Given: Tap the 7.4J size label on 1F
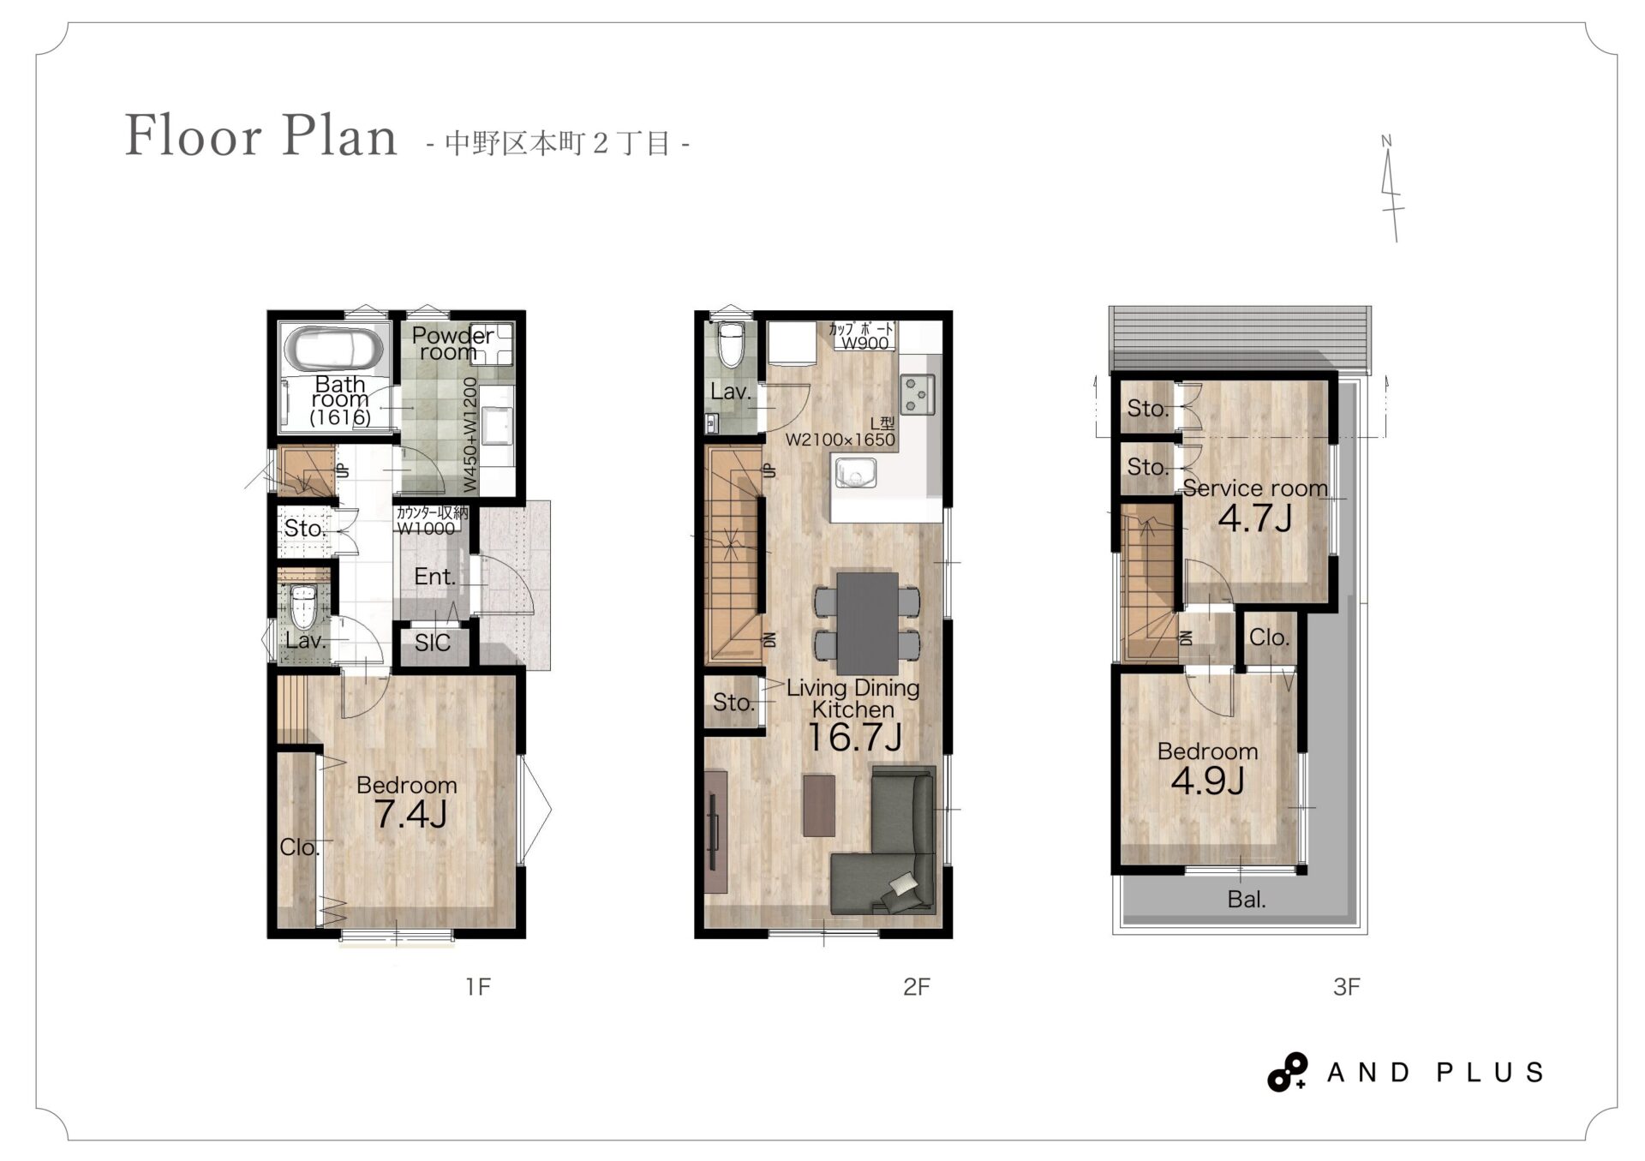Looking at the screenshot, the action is click(x=411, y=814).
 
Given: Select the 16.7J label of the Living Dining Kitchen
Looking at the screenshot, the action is click(x=854, y=737).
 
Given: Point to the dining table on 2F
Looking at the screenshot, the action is click(x=868, y=623).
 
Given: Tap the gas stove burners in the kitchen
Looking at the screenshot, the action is click(x=918, y=394).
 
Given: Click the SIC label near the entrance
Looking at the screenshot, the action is click(x=432, y=643).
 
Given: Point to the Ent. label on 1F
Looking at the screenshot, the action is click(x=434, y=577).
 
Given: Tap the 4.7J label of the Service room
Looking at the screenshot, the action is click(x=1255, y=518).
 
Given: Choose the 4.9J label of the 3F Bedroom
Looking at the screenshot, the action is click(x=1207, y=781).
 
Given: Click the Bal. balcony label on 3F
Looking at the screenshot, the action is click(x=1247, y=900).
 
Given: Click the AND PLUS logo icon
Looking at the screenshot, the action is click(x=1288, y=1072).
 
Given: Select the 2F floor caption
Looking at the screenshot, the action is click(x=916, y=987).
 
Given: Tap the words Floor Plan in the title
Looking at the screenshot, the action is click(x=261, y=135).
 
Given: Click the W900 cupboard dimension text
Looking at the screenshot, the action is click(x=864, y=343).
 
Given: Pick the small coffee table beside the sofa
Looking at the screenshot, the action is click(x=819, y=805).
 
